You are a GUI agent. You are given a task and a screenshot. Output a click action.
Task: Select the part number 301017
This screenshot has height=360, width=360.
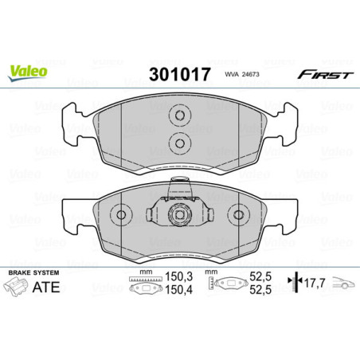pos(179,75)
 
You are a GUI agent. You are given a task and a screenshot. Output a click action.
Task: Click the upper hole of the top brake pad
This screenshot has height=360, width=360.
pos(179,116)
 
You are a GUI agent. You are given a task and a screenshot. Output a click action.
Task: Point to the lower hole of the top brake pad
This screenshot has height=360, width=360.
pos(179,143)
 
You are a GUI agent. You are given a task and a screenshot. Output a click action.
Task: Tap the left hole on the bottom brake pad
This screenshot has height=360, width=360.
pos(121,215)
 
